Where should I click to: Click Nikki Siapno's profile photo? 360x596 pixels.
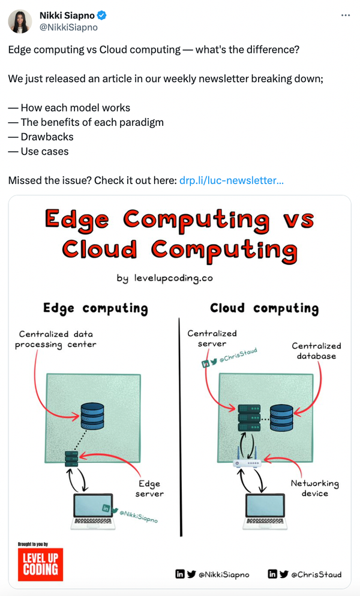[x=20, y=22]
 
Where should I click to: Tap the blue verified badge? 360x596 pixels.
[x=101, y=16]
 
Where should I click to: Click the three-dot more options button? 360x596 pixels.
[x=346, y=15]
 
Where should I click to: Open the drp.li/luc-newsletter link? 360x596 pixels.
[x=232, y=180]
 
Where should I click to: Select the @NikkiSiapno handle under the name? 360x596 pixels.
[x=68, y=28]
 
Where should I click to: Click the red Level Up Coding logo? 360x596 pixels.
[x=40, y=564]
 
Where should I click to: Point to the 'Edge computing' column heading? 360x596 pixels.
[x=95, y=308]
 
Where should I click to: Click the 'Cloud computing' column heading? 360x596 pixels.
[x=265, y=308]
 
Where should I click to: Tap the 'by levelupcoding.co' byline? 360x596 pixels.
[x=165, y=278]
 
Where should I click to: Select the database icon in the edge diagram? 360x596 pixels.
[x=92, y=416]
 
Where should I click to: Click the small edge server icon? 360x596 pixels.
[x=71, y=459]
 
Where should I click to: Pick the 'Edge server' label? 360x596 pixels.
[x=149, y=489]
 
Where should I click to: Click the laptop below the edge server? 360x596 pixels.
[x=93, y=511]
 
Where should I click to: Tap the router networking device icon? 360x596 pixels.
[x=247, y=460]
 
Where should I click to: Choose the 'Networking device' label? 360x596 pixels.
[x=315, y=488]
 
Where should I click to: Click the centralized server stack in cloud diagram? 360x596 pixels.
[x=249, y=418]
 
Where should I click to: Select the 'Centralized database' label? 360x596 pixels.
[x=317, y=351]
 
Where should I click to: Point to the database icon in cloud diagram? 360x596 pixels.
[x=281, y=418]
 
